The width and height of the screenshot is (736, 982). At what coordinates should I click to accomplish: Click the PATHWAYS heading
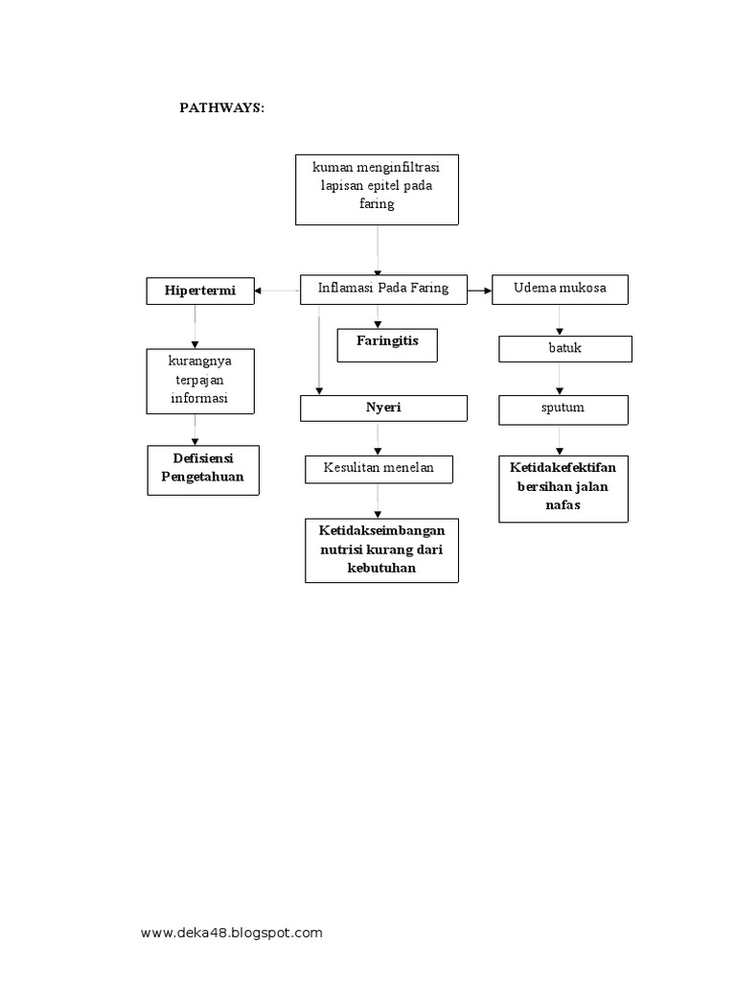coord(221,108)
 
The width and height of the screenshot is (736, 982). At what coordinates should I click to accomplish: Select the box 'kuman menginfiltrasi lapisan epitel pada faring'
coord(378,188)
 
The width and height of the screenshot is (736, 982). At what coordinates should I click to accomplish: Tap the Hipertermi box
coord(200,291)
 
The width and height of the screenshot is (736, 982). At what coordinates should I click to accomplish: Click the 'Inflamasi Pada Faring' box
coord(383,288)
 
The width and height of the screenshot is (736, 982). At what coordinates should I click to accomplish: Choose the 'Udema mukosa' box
coord(560,289)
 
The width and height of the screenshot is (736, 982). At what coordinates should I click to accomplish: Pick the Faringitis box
coord(387,343)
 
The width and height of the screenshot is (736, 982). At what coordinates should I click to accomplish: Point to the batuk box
coord(564,348)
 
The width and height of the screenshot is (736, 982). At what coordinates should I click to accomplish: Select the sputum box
coord(563,409)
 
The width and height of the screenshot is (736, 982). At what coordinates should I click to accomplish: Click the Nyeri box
coord(383,409)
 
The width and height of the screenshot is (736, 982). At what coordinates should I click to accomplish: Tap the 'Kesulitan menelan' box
coord(379,469)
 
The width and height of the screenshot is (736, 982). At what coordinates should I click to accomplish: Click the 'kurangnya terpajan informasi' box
coord(199,381)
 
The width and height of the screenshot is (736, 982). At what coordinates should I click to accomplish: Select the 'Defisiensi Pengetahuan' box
coord(202,469)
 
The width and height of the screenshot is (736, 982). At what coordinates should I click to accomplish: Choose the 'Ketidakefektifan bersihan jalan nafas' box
coord(563,487)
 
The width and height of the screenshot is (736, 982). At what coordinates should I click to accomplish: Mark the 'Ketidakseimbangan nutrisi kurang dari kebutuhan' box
coord(382,549)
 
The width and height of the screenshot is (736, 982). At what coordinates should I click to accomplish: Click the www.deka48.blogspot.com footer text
coord(231,932)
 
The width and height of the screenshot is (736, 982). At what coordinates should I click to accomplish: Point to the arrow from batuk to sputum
coord(561,379)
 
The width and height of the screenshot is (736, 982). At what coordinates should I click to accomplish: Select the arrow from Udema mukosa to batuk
coord(561,319)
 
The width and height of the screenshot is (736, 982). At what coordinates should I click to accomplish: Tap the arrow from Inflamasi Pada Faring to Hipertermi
coord(278,290)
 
